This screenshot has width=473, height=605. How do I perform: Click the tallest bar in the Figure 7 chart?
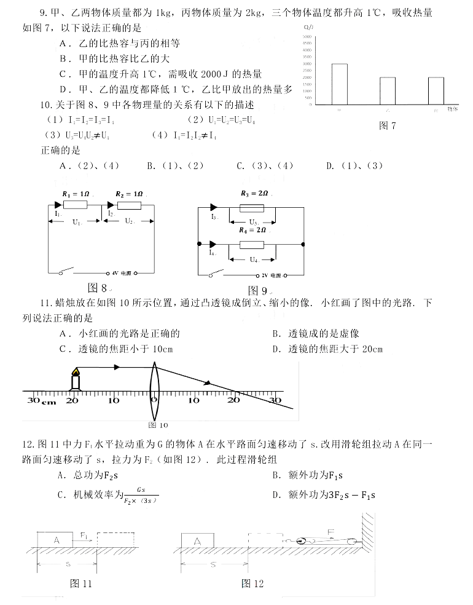point(339,84)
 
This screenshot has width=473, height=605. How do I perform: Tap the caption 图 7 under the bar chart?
point(388,126)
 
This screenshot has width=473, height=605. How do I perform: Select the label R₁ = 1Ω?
point(76,193)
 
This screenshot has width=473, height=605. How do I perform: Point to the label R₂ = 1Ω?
point(129,193)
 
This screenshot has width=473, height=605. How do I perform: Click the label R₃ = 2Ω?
point(254,193)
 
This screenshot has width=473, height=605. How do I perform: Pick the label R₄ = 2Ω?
point(252,230)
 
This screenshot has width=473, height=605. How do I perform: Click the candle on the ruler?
point(75,379)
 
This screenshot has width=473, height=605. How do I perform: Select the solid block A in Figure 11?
point(57,540)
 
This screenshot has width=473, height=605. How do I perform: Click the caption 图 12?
point(252,583)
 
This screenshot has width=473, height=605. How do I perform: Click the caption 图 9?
point(257,290)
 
